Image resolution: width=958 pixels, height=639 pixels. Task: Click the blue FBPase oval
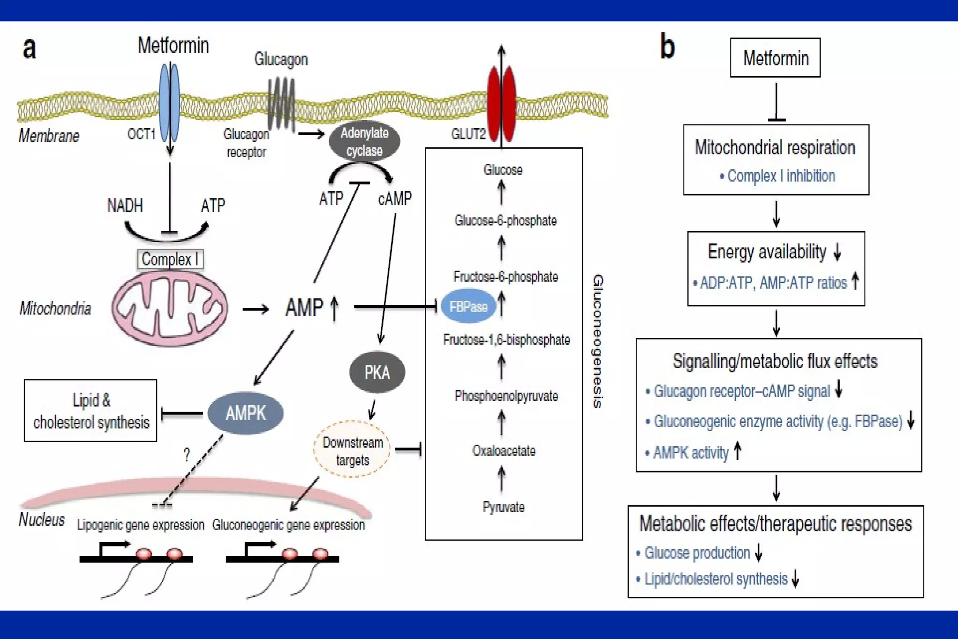point(468,306)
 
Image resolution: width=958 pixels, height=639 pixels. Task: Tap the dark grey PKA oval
point(377,372)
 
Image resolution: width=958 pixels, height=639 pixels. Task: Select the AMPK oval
point(246,413)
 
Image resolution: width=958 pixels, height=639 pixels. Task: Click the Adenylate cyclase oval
point(364,141)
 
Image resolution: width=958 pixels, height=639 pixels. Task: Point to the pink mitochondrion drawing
point(169,308)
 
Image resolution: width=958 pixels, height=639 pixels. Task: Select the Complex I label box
point(170,259)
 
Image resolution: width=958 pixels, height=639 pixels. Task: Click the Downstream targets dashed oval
point(353,450)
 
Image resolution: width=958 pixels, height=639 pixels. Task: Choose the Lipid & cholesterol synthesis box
point(91,411)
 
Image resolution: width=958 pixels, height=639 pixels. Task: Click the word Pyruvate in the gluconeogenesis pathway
point(503,507)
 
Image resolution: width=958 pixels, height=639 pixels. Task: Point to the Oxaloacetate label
point(504,451)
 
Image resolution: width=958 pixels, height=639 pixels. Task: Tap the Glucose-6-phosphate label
point(505,220)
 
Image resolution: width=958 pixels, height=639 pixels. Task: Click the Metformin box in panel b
point(775,58)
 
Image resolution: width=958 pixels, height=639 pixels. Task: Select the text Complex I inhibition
point(781,176)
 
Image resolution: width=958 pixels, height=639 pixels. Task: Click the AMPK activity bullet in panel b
point(691,453)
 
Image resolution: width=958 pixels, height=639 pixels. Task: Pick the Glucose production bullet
point(697,553)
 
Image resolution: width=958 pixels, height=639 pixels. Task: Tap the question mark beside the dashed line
point(187,454)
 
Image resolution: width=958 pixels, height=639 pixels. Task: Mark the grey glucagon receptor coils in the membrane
point(281,103)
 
